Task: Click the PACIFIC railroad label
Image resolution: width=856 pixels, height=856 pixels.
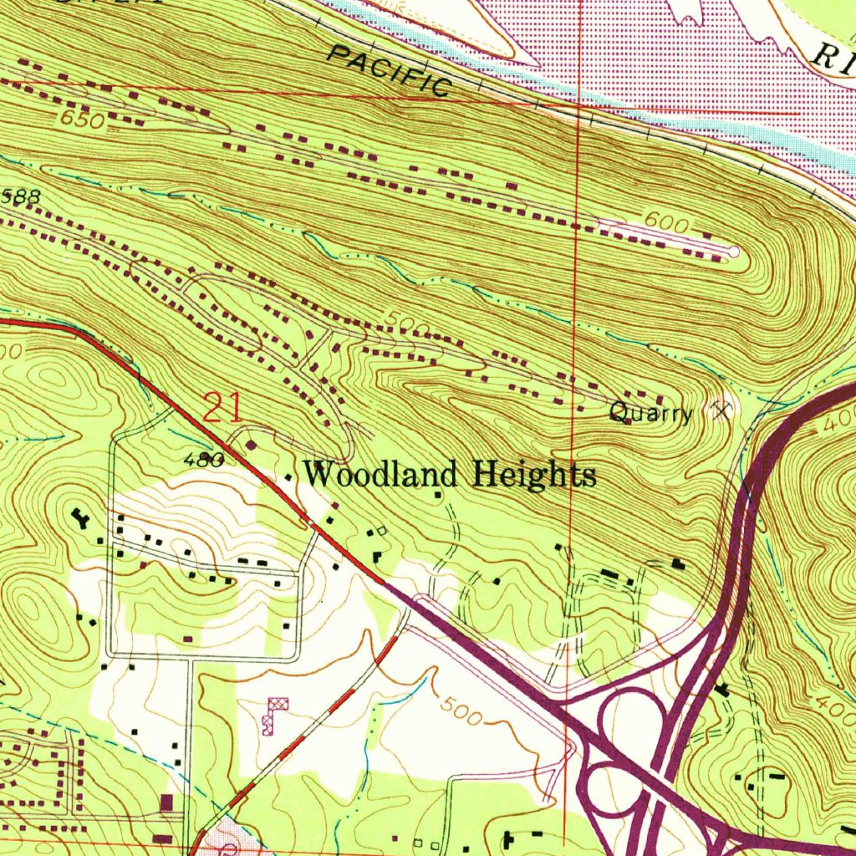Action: coord(390,71)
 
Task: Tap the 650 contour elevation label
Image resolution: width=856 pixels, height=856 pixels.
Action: coord(82,120)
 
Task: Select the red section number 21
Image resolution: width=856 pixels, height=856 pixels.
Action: coord(223,410)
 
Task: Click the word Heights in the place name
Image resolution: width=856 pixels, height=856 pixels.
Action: coord(535,474)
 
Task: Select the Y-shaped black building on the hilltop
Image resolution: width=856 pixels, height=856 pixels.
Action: coord(82,519)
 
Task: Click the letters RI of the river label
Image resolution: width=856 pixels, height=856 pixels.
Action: coord(834,57)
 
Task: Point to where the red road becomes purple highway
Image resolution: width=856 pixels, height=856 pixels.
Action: coord(385,583)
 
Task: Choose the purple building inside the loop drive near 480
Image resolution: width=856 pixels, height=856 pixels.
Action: coord(252,442)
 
